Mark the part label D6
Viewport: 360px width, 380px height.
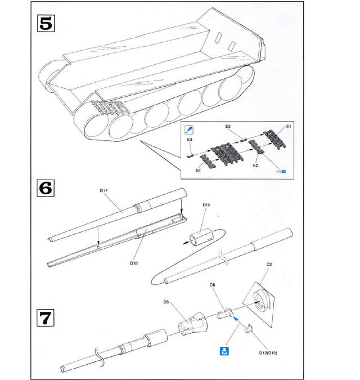166,302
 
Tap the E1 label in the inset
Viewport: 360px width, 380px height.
289,127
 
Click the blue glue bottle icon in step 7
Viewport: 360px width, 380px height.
223,352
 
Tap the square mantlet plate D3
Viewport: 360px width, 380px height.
264,305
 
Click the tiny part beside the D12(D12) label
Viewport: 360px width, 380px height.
247,332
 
